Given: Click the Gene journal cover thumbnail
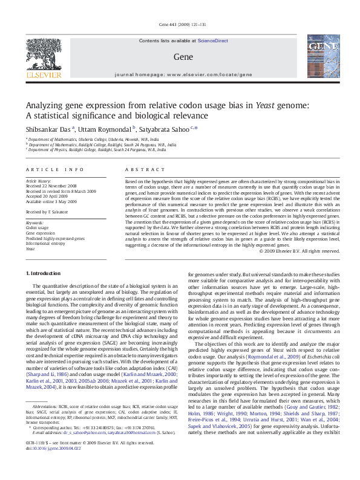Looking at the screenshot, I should [319, 56].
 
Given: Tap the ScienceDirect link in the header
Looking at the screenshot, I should [213, 40].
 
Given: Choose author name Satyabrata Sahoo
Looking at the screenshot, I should [164, 128].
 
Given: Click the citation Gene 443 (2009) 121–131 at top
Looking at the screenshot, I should [180, 24].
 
